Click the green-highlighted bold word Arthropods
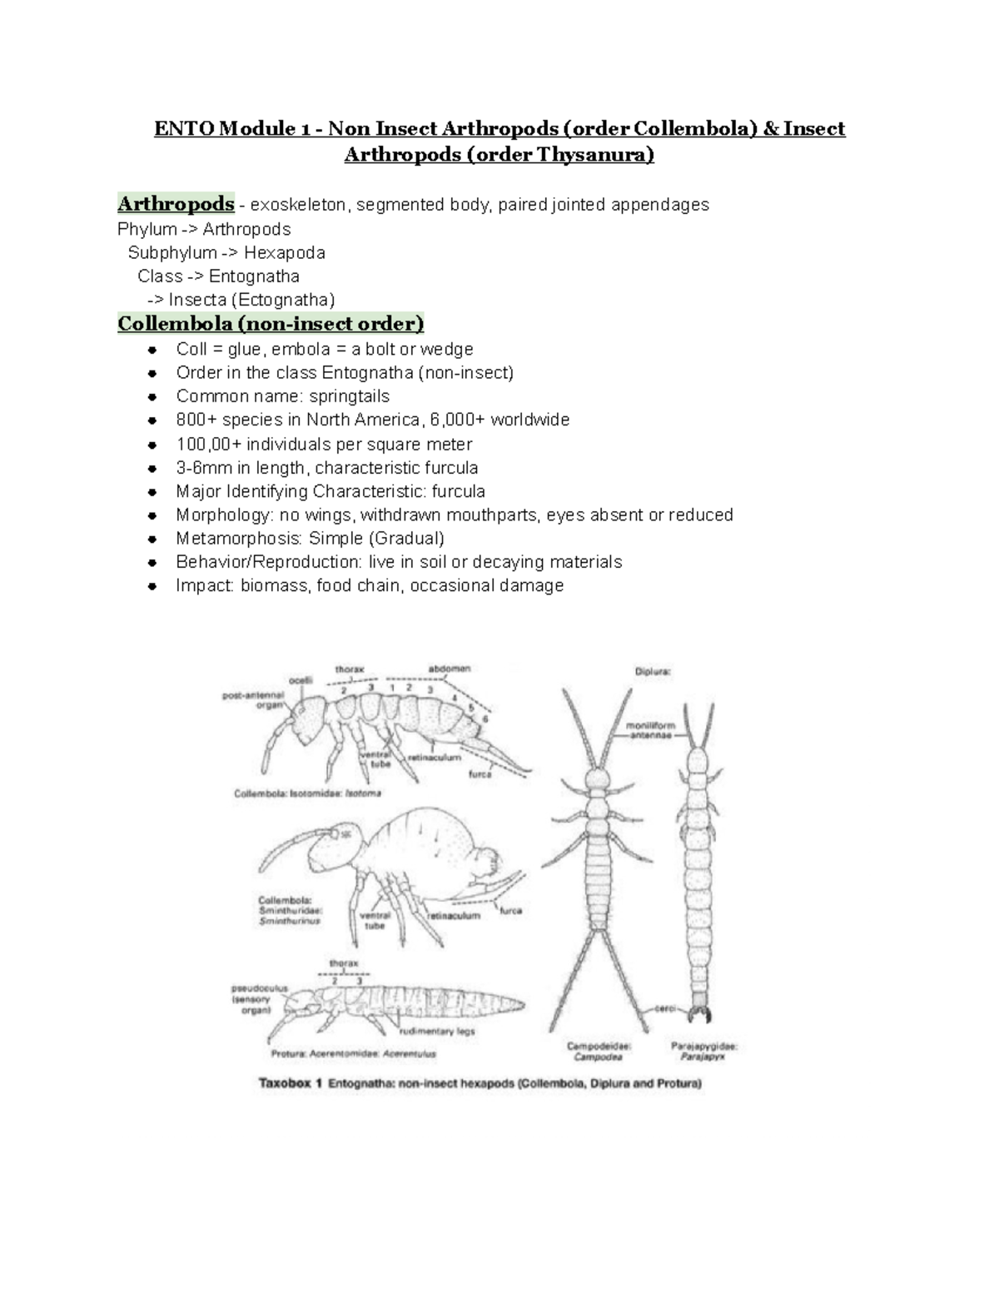click(x=176, y=204)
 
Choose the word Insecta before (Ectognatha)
click(x=196, y=300)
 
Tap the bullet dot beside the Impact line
click(x=152, y=586)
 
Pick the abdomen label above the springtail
click(x=450, y=668)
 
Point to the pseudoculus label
click(x=260, y=988)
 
